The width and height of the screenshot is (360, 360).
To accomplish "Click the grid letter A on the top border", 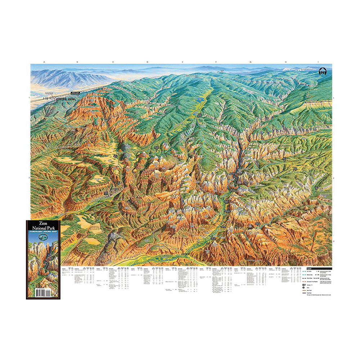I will point(44,62).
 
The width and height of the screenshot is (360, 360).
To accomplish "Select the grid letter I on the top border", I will point(319,62).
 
